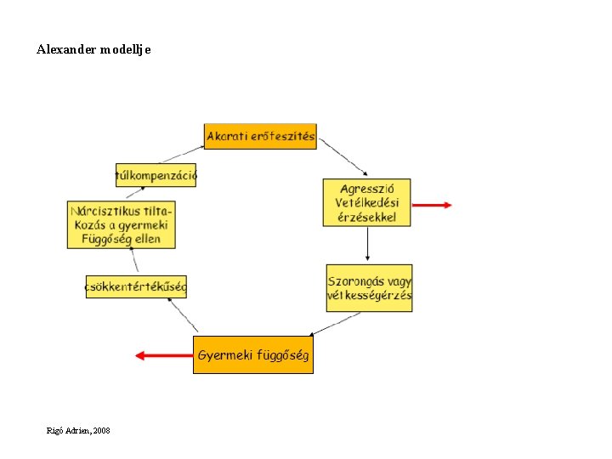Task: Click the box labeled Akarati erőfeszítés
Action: click(260, 136)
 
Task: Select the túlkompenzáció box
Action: click(156, 176)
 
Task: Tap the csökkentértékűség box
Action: click(136, 286)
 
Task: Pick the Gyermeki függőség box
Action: click(253, 355)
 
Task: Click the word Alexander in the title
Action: click(65, 49)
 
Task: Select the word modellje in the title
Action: click(125, 49)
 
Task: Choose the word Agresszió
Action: click(365, 189)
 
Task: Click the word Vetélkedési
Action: click(367, 203)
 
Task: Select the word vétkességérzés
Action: click(370, 296)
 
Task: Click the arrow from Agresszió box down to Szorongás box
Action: click(367, 245)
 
